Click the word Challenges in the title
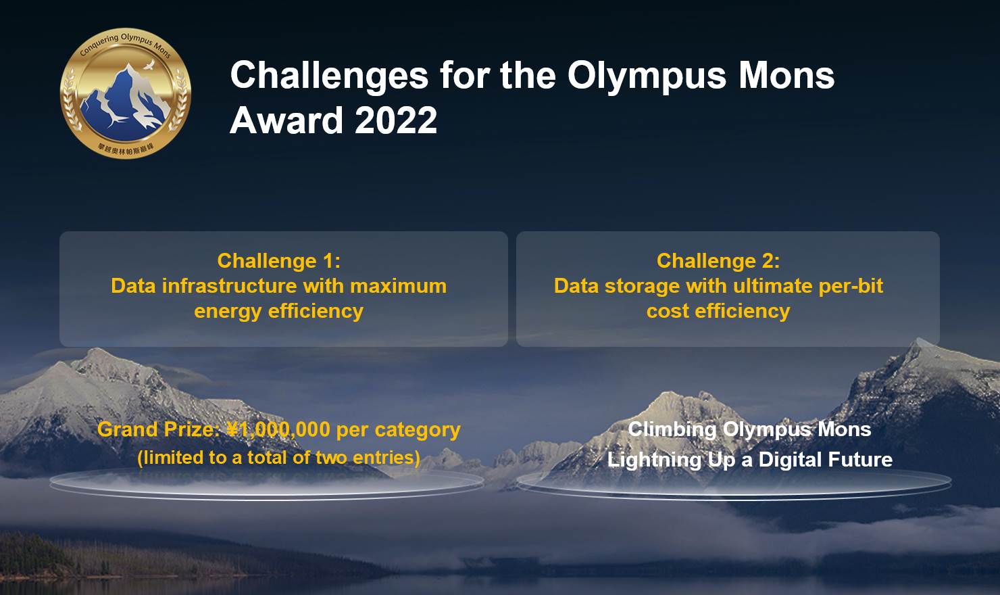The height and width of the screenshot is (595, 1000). tap(329, 75)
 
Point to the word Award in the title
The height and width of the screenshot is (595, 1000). tap(286, 121)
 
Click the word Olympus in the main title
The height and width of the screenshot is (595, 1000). tap(647, 75)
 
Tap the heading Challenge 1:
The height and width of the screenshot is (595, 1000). tap(278, 261)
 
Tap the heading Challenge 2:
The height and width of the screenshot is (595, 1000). tap(718, 261)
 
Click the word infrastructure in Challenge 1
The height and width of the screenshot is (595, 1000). tap(230, 286)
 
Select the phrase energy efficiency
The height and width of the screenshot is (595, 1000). tap(278, 311)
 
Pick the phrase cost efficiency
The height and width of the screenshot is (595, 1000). tap(718, 311)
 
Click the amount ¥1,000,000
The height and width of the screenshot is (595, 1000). tap(278, 430)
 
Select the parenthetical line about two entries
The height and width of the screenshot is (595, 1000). tap(278, 458)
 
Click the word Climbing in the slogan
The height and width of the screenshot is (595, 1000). tap(672, 430)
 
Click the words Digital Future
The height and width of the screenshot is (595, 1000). tap(825, 460)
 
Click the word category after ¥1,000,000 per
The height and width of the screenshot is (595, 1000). tap(418, 430)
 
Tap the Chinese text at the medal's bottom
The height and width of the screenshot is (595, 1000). tap(126, 148)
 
